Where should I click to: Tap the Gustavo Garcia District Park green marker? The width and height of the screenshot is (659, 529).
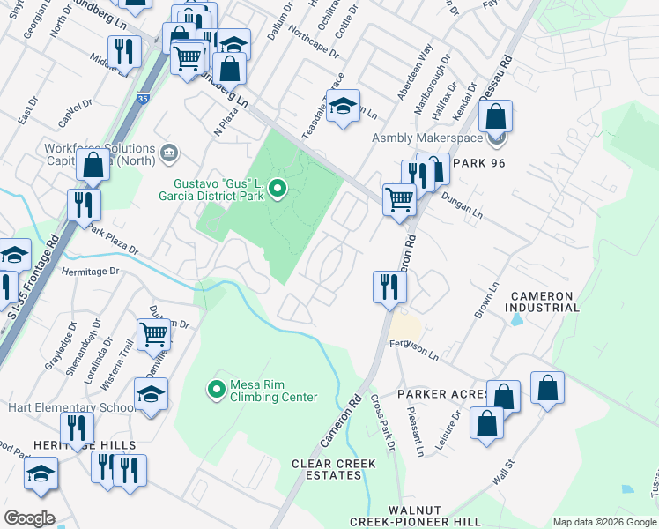tap(278, 189)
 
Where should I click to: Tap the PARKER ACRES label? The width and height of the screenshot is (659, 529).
tap(443, 393)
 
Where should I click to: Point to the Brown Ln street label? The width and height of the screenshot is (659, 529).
tap(487, 300)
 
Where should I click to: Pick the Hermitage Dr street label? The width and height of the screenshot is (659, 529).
tap(89, 272)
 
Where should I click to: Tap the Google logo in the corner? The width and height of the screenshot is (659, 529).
tap(29, 518)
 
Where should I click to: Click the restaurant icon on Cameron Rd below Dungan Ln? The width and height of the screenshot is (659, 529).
tap(389, 287)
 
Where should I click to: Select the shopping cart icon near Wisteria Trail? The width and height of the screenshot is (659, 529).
tap(153, 335)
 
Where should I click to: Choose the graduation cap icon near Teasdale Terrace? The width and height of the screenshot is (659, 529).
tap(343, 107)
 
